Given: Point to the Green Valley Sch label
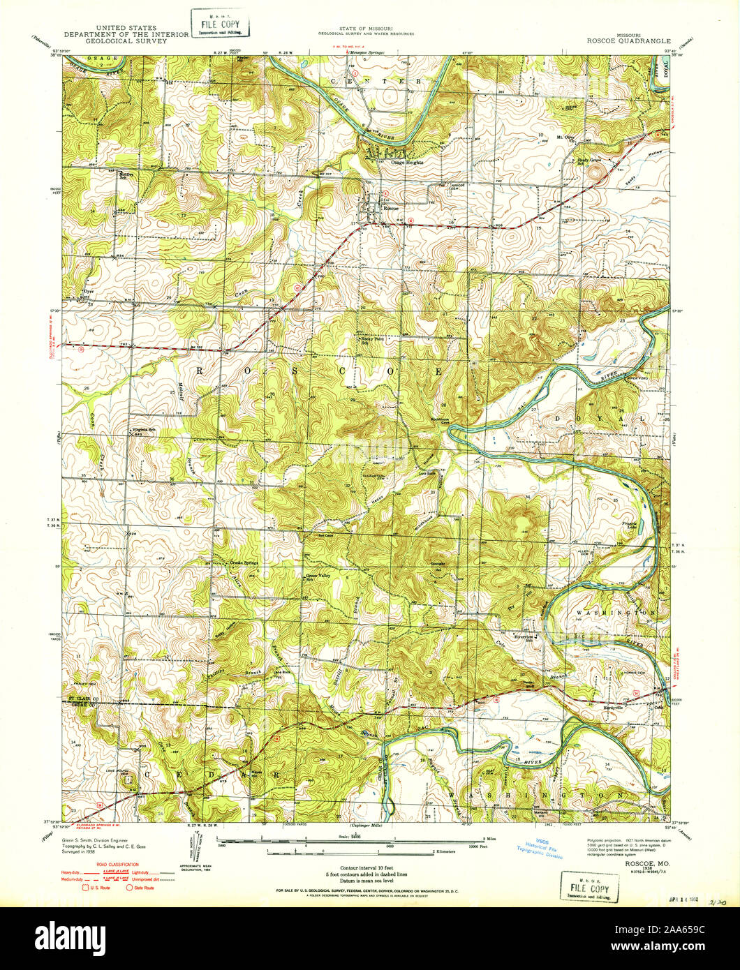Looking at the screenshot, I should (x=318, y=578).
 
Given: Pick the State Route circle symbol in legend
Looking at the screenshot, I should (x=130, y=888).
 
